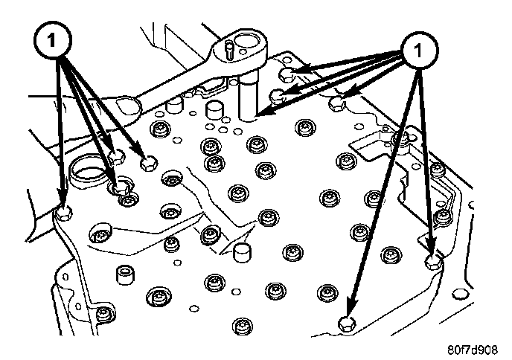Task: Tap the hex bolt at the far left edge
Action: click(65, 213)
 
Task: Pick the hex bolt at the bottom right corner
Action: click(346, 323)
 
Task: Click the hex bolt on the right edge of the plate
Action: click(432, 261)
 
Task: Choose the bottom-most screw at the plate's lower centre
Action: click(240, 325)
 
